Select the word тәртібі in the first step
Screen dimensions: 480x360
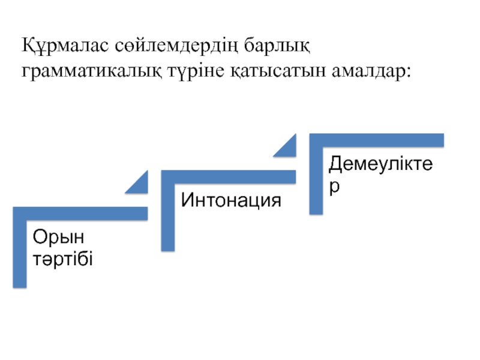pos(63,260)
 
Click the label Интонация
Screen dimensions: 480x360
pos(231,200)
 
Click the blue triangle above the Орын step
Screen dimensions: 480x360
pos(140,184)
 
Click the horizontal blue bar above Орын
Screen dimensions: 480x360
pos(80,213)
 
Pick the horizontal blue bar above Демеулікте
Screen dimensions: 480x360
pos(377,140)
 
